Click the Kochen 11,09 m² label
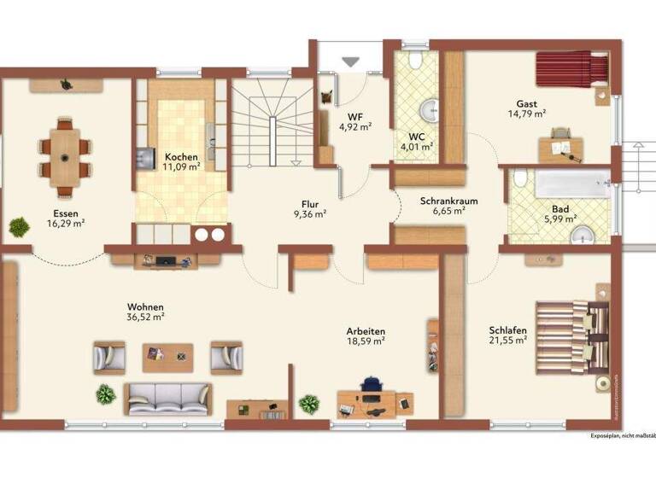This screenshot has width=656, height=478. [182, 162]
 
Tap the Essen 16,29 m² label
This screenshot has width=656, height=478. [65, 219]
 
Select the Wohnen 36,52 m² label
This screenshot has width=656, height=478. [145, 312]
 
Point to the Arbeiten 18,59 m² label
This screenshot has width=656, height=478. [366, 335]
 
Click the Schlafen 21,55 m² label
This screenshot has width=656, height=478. [507, 335]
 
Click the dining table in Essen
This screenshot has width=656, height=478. [66, 154]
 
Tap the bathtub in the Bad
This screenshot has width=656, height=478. [560, 184]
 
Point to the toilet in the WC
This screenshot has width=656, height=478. [414, 61]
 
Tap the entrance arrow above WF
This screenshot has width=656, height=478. [351, 61]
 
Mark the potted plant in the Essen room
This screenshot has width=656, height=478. [18, 225]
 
